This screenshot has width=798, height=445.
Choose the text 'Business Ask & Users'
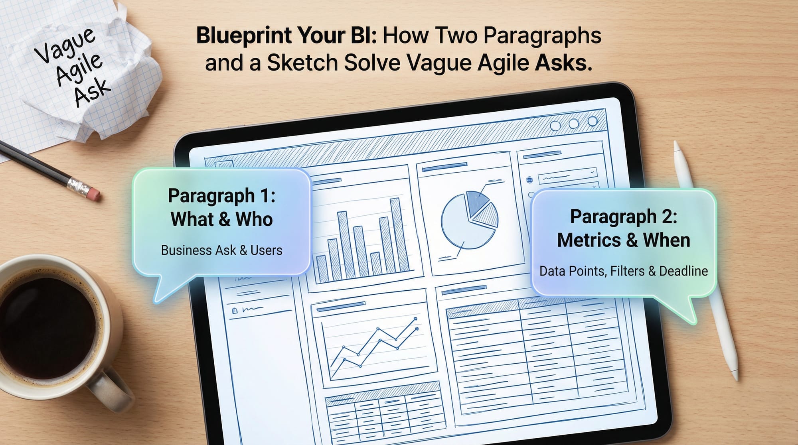point(221,250)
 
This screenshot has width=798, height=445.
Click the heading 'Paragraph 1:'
point(221,196)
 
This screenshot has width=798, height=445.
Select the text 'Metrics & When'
point(623,240)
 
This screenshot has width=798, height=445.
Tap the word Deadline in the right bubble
point(683,271)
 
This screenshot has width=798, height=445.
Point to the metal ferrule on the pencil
point(78,185)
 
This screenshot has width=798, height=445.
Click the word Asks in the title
point(563,63)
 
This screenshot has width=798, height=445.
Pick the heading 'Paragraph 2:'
point(624,217)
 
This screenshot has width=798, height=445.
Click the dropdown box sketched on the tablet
point(567,175)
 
